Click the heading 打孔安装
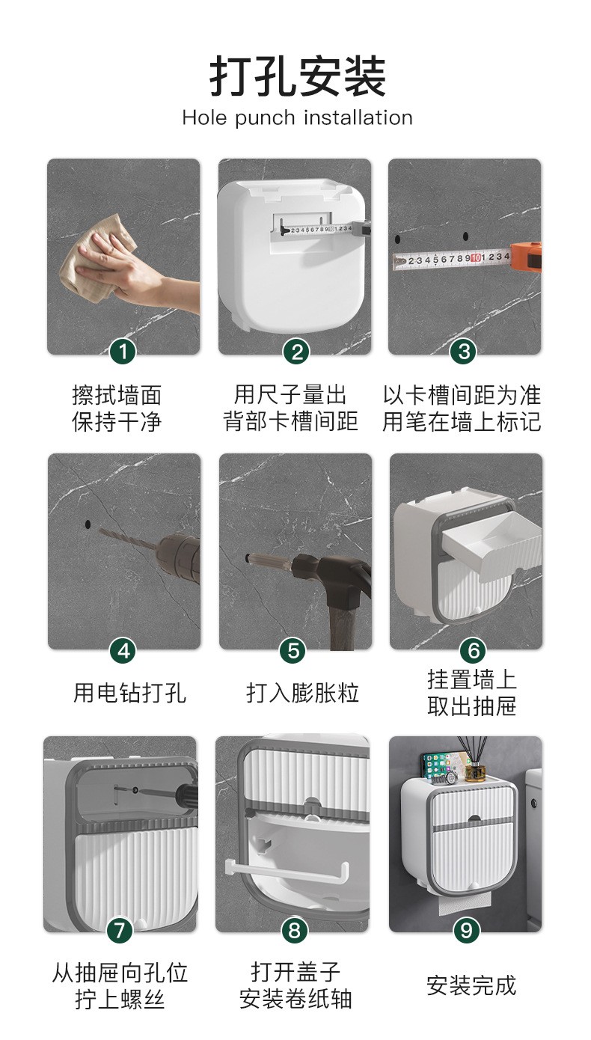coord(298,76)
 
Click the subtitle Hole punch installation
coord(297,117)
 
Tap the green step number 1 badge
coord(123,352)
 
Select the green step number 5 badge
coord(293,650)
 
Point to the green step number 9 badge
coord(466,930)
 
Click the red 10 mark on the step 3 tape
coord(475,258)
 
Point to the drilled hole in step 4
coord(88,524)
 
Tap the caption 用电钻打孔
coord(129,693)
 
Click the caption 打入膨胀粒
coord(303,693)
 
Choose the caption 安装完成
coord(471,985)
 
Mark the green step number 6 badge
coord(473,650)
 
